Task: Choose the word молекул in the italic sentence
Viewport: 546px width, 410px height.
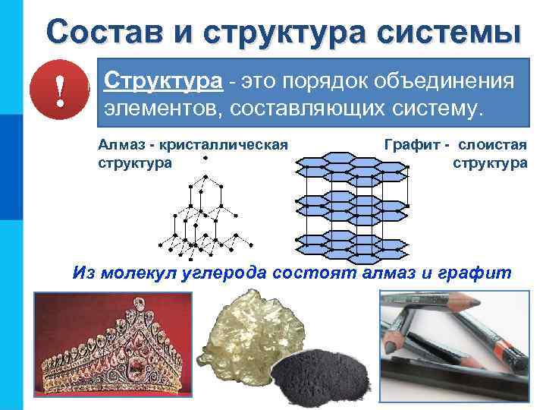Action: pos(144,273)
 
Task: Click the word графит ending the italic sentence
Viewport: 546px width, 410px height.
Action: pos(480,273)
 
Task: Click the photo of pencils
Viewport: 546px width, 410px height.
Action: pos(453,345)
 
